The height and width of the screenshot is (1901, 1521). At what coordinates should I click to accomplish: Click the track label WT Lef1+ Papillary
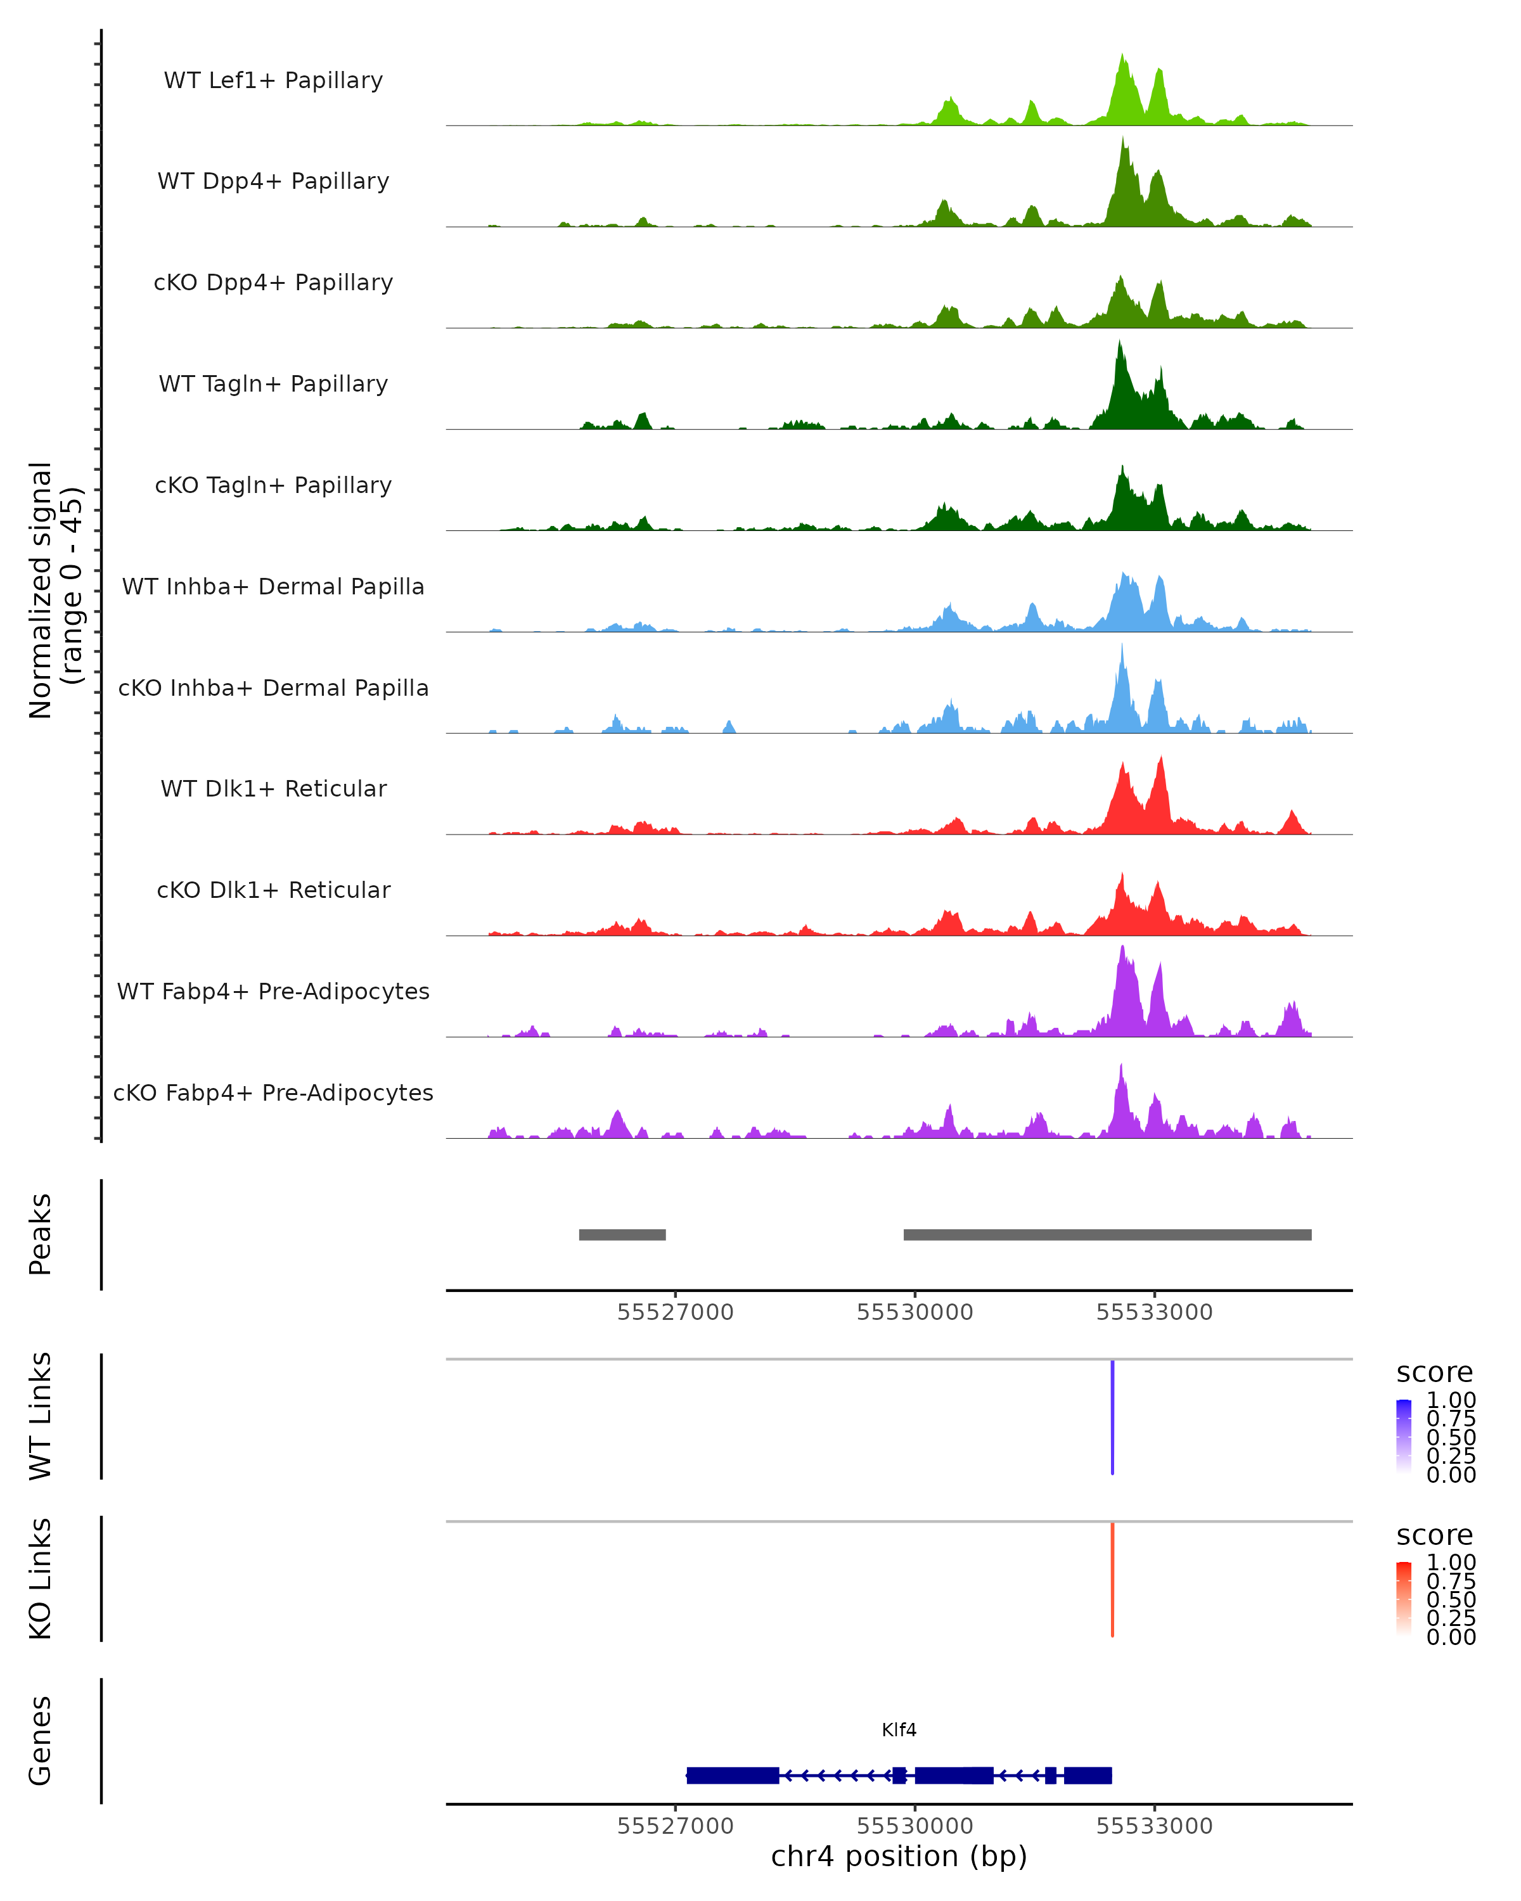[273, 80]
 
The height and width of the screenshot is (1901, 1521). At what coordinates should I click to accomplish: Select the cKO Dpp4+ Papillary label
[273, 283]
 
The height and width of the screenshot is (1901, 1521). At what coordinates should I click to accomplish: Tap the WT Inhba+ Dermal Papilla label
[273, 587]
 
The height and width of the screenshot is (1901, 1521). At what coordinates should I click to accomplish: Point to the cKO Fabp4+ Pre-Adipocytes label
[273, 1093]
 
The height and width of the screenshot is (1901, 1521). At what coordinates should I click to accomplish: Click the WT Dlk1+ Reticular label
[273, 789]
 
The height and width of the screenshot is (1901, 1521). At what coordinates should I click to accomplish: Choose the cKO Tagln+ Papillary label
[273, 486]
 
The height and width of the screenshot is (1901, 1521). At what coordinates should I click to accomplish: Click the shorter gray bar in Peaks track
[622, 1234]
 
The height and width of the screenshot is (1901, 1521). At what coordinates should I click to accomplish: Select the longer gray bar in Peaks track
[1107, 1234]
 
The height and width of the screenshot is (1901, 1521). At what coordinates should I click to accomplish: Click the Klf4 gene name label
[899, 1730]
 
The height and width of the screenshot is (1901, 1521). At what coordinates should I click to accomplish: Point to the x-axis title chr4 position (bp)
[899, 1856]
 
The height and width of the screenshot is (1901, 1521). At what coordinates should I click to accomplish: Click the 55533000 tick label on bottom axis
[1153, 1826]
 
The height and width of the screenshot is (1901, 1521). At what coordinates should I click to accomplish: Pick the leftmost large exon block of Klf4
[732, 1776]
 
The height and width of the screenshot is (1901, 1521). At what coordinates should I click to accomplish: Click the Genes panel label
[41, 1741]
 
